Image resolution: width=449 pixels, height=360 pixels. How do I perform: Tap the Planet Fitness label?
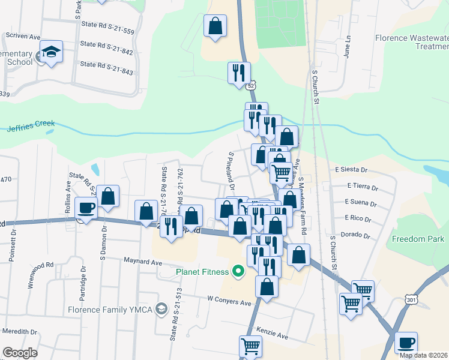pyautogui.click(x=202, y=272)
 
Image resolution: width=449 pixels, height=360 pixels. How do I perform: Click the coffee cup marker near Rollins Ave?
pyautogui.click(x=86, y=209)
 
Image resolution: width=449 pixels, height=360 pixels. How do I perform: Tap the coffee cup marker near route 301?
pyautogui.click(x=406, y=343)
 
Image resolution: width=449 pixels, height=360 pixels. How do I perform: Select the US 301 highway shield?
pyautogui.click(x=411, y=298)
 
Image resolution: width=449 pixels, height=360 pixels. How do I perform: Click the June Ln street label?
pyautogui.click(x=346, y=44)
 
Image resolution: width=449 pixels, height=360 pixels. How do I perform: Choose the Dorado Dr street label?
pyautogui.click(x=357, y=235)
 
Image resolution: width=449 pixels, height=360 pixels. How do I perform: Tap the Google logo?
pyautogui.click(x=20, y=353)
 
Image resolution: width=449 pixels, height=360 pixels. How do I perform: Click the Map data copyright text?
pyautogui.click(x=424, y=355)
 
